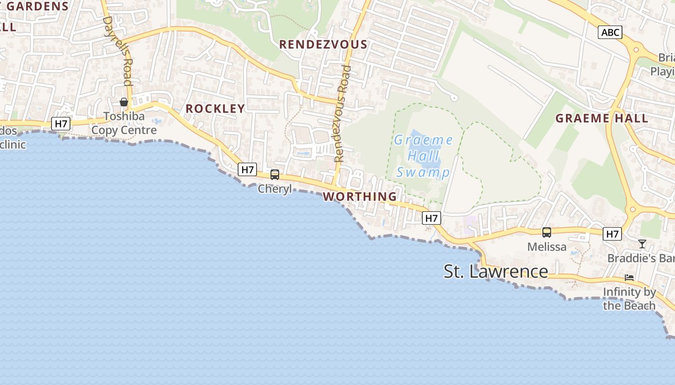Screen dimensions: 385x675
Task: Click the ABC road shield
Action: (x=610, y=32)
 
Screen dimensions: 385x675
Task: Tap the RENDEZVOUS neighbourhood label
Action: (x=323, y=45)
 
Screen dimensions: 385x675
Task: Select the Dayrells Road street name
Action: (x=118, y=55)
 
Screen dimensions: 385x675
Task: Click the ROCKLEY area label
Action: (x=215, y=109)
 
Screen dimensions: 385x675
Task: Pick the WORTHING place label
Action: (x=360, y=196)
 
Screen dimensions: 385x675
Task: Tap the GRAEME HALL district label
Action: (x=601, y=118)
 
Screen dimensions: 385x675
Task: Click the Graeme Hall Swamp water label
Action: (x=423, y=156)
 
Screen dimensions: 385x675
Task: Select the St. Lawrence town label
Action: (x=496, y=271)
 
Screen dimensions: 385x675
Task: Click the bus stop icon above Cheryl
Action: (x=275, y=175)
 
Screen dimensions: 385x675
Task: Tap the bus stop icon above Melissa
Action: (x=546, y=232)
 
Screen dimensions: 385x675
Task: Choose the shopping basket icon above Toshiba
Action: (x=124, y=102)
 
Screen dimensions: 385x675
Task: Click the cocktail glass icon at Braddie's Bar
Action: (x=642, y=244)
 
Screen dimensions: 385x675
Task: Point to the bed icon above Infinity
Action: (x=629, y=278)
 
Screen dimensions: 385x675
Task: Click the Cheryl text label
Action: (x=275, y=189)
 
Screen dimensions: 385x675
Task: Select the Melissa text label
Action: (x=546, y=247)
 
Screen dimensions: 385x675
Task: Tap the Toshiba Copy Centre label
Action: (x=124, y=123)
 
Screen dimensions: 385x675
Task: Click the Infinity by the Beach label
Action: (x=629, y=299)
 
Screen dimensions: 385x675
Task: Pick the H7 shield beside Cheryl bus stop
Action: (x=247, y=169)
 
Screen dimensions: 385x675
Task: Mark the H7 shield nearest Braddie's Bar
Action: (x=612, y=234)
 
